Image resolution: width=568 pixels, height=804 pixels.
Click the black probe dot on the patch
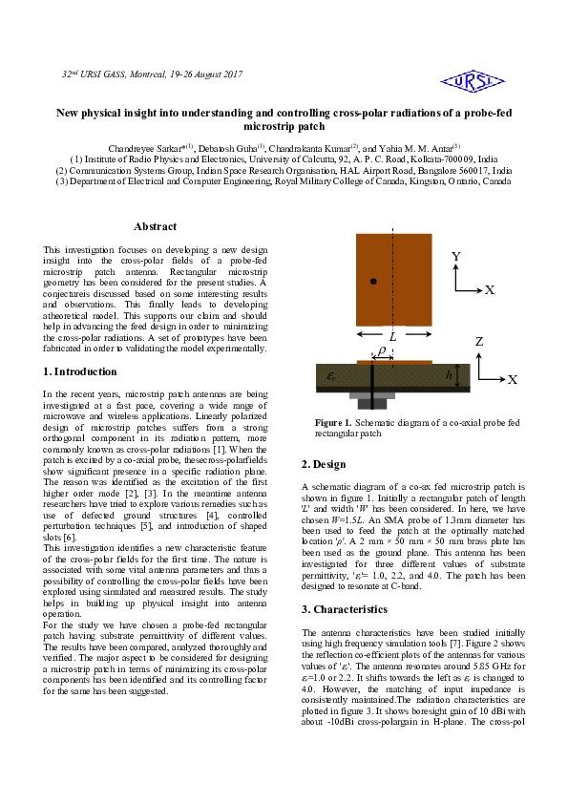[373, 282]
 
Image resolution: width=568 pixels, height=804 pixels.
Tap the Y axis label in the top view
[456, 257]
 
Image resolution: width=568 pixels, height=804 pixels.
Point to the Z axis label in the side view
[479, 342]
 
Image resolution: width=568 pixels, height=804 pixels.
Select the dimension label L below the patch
[393, 337]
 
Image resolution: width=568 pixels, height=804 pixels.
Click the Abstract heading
[155, 226]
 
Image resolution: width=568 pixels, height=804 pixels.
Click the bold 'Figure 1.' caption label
[334, 421]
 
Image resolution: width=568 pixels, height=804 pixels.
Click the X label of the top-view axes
[490, 289]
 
